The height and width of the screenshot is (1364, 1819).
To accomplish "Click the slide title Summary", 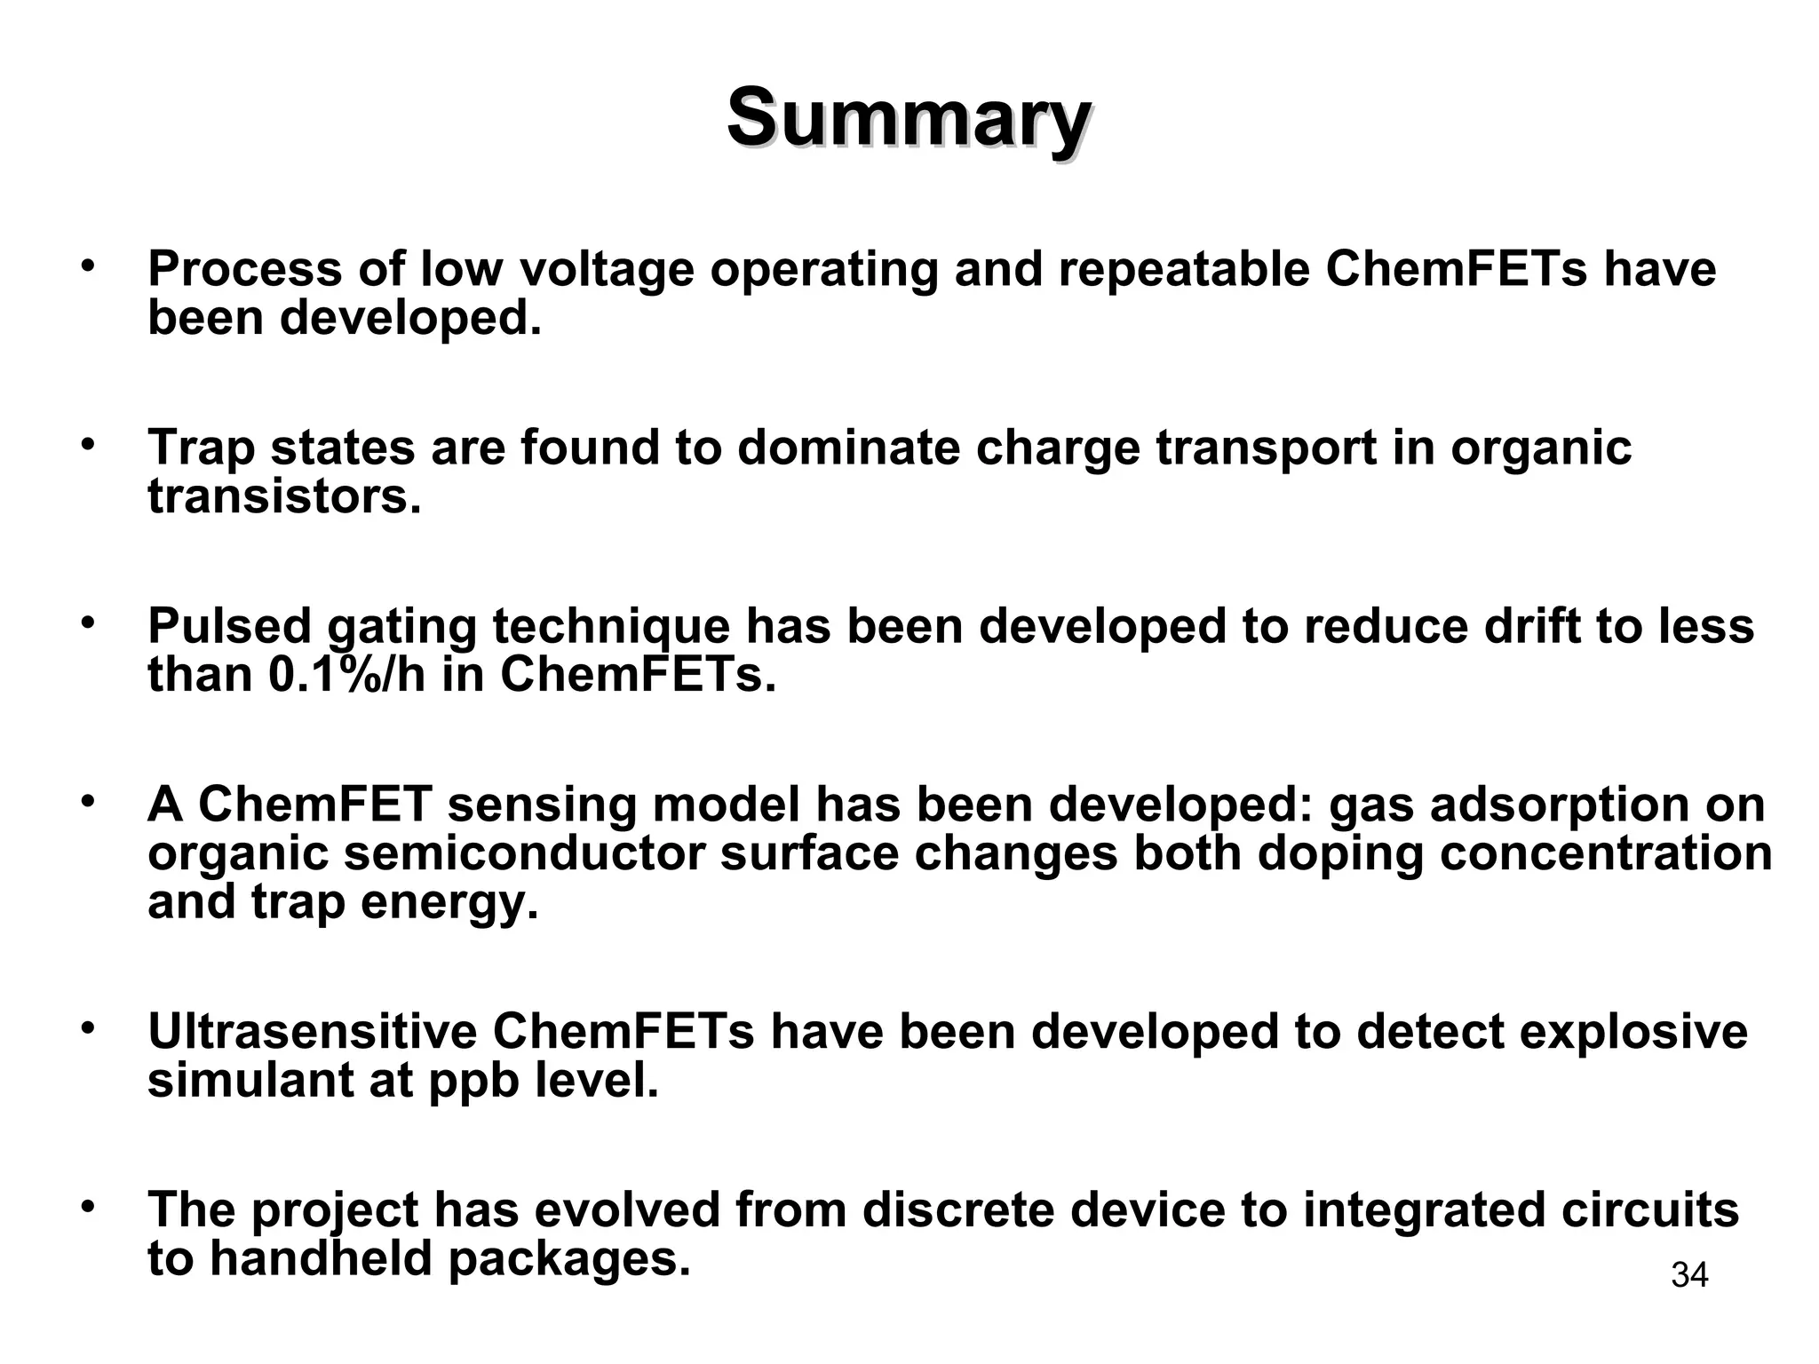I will tap(909, 119).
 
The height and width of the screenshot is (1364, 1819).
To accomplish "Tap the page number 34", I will tap(1689, 1275).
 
